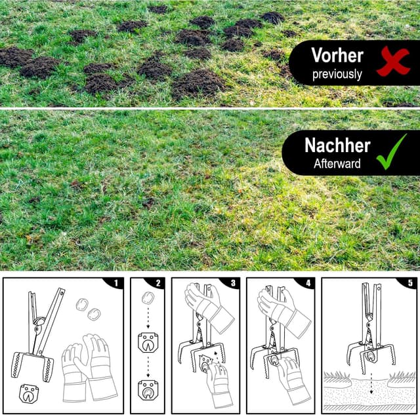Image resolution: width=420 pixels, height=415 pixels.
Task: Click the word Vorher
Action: point(337,55)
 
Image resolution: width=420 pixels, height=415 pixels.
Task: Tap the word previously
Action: point(337,74)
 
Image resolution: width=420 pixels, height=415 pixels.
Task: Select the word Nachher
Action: point(337,146)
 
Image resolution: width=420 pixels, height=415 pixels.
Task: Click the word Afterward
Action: point(337,164)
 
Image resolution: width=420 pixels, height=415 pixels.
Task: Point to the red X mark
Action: point(393,61)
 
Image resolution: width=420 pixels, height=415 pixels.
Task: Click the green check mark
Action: point(391,152)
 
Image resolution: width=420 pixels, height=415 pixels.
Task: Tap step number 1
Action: point(116,283)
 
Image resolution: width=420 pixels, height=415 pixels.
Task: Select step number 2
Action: point(158,283)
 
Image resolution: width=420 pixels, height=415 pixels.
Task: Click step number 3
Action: point(233,283)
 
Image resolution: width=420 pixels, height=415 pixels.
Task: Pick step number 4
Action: point(308,283)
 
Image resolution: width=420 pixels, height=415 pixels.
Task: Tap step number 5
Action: point(410,283)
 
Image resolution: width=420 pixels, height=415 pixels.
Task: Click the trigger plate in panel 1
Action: point(29,393)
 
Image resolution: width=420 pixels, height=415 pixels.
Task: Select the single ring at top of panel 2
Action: point(148,298)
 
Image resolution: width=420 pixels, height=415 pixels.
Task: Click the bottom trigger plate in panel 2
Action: point(148,390)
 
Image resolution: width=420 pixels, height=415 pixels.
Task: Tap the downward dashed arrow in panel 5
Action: point(371,383)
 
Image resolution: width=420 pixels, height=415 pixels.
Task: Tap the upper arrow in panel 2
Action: point(148,318)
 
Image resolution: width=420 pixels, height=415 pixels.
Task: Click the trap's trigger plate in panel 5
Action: point(371,356)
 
